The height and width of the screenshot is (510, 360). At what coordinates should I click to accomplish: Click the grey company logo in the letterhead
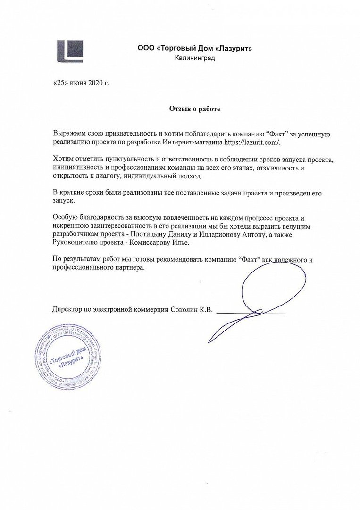point(70,51)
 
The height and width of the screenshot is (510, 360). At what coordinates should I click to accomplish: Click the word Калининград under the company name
point(195,58)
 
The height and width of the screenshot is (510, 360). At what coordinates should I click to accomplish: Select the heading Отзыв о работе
point(195,109)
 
